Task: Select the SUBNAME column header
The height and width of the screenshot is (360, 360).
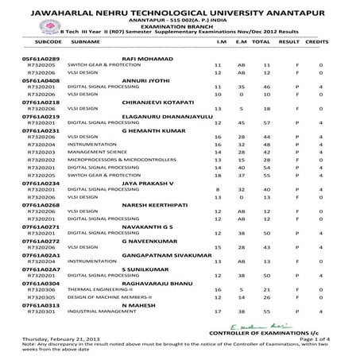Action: click(x=85, y=39)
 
